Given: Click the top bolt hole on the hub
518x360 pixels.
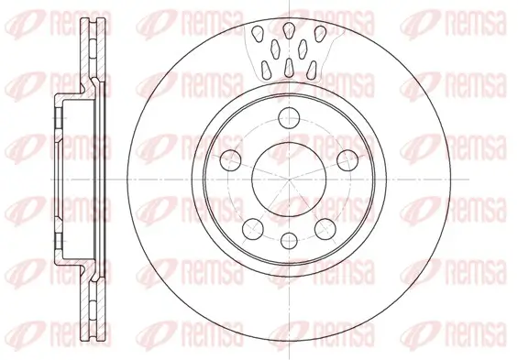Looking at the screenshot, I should (288, 116).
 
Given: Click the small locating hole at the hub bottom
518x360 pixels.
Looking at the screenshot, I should (288, 240).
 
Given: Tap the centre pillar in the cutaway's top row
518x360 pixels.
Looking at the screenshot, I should (288, 30).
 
